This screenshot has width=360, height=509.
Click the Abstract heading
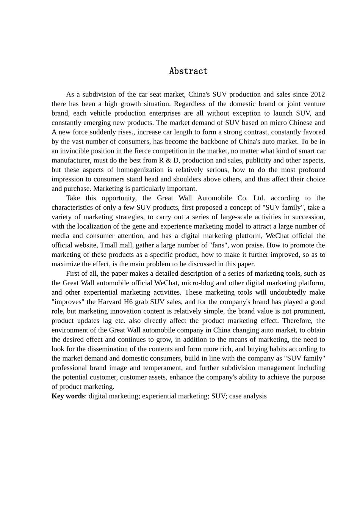pyautogui.click(x=188, y=71)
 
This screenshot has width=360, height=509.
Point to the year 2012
pyautogui.click(x=318, y=94)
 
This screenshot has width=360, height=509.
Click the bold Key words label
pyautogui.click(x=68, y=396)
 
